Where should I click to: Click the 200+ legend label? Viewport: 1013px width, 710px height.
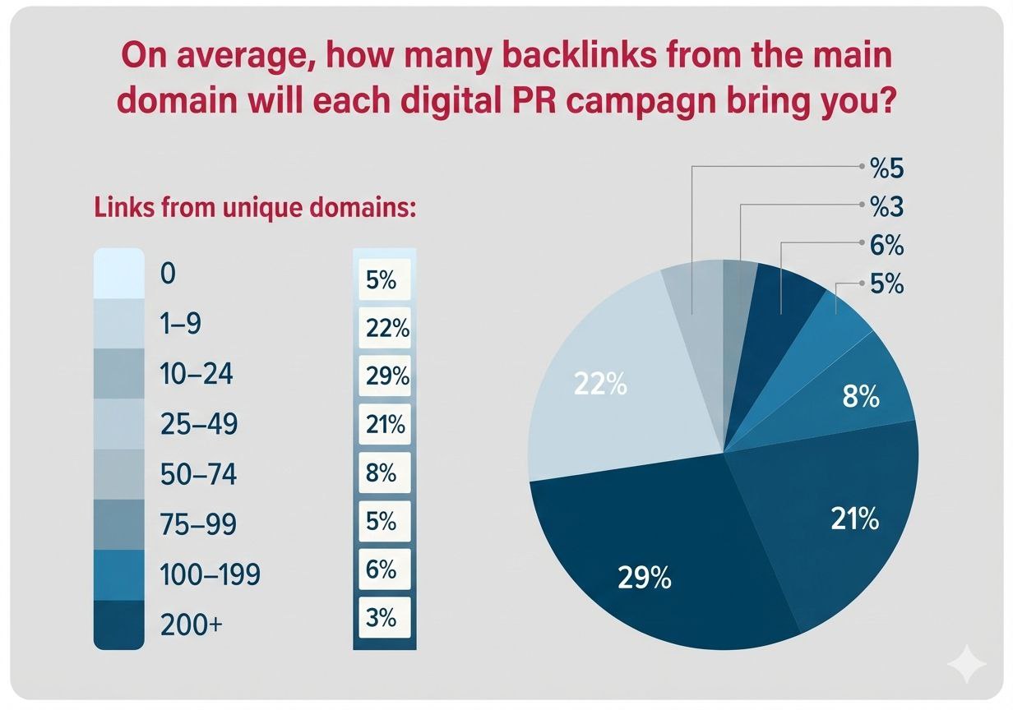[191, 625]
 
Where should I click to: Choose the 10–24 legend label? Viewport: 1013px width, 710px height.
[197, 375]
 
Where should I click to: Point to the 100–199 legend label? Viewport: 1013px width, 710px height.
[209, 574]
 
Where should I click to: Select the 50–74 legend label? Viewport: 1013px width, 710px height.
[197, 474]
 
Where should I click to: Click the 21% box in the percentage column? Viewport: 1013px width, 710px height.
[385, 425]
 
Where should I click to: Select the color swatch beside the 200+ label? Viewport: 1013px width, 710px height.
[119, 625]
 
